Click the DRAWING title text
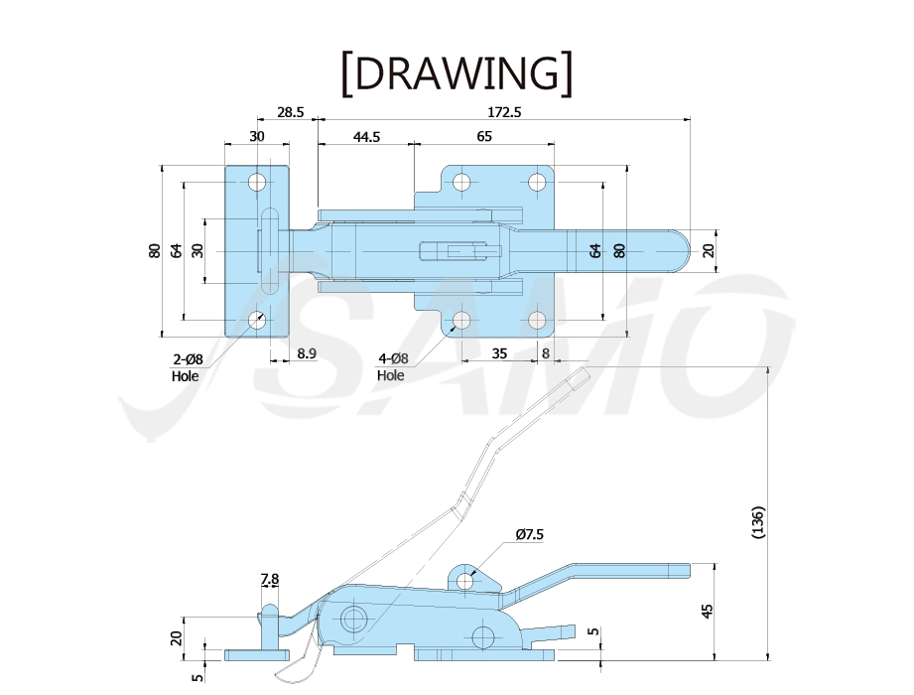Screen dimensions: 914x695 pos(457,73)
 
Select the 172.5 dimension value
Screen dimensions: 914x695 pos(504,112)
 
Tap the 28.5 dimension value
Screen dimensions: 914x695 pos(291,112)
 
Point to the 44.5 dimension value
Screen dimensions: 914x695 pos(366,136)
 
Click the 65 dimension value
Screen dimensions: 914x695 pos(484,136)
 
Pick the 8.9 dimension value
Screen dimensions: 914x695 pos(307,353)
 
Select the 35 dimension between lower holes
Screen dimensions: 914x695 pos(499,353)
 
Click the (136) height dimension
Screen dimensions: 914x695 pos(758,522)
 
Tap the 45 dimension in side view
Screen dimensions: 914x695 pos(707,611)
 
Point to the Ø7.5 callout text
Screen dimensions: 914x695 pos(529,534)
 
